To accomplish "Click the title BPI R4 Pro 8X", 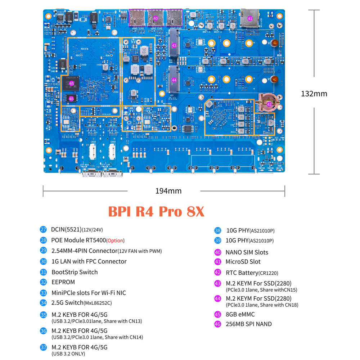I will (x=156, y=212).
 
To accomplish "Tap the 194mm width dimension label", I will (x=168, y=191).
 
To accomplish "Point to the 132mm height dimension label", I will (x=314, y=94).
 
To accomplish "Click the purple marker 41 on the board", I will (x=250, y=18).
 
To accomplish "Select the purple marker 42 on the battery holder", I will (x=269, y=104).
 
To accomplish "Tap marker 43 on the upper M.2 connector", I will (x=174, y=46).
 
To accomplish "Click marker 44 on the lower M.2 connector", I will (x=174, y=80).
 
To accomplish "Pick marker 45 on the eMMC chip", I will (x=71, y=84).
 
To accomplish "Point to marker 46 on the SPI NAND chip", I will (x=71, y=98).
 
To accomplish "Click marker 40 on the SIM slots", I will (x=156, y=18).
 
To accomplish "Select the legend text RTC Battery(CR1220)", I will (x=252, y=273).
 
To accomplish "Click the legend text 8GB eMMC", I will (x=240, y=314).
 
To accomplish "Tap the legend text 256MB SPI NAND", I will (x=248, y=324).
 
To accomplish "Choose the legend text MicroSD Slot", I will (x=243, y=262).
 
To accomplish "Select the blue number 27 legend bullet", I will (x=44, y=229).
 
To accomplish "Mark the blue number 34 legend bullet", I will (x=44, y=303).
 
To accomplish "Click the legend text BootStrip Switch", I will (x=75, y=272).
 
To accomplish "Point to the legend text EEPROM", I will (x=63, y=282).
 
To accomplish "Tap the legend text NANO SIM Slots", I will (x=247, y=252).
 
